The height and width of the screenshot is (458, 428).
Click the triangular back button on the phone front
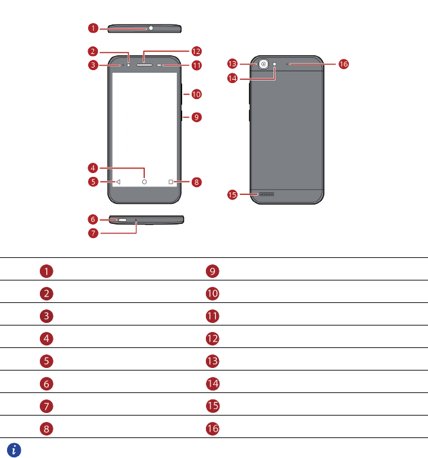point(118,182)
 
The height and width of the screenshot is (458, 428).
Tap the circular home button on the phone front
point(144,182)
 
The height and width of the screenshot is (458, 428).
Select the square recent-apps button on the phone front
point(171,182)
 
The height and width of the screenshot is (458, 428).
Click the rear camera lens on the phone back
point(264,64)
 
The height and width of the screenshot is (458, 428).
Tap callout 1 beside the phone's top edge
point(93,28)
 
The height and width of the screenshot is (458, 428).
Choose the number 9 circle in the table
point(213,271)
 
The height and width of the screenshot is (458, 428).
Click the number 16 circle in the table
point(213,428)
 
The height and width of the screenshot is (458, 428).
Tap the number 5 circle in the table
point(48,361)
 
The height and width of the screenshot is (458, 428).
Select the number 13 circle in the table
point(213,361)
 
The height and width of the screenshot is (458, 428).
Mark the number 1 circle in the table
point(48,271)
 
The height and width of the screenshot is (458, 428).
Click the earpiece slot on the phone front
point(144,64)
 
